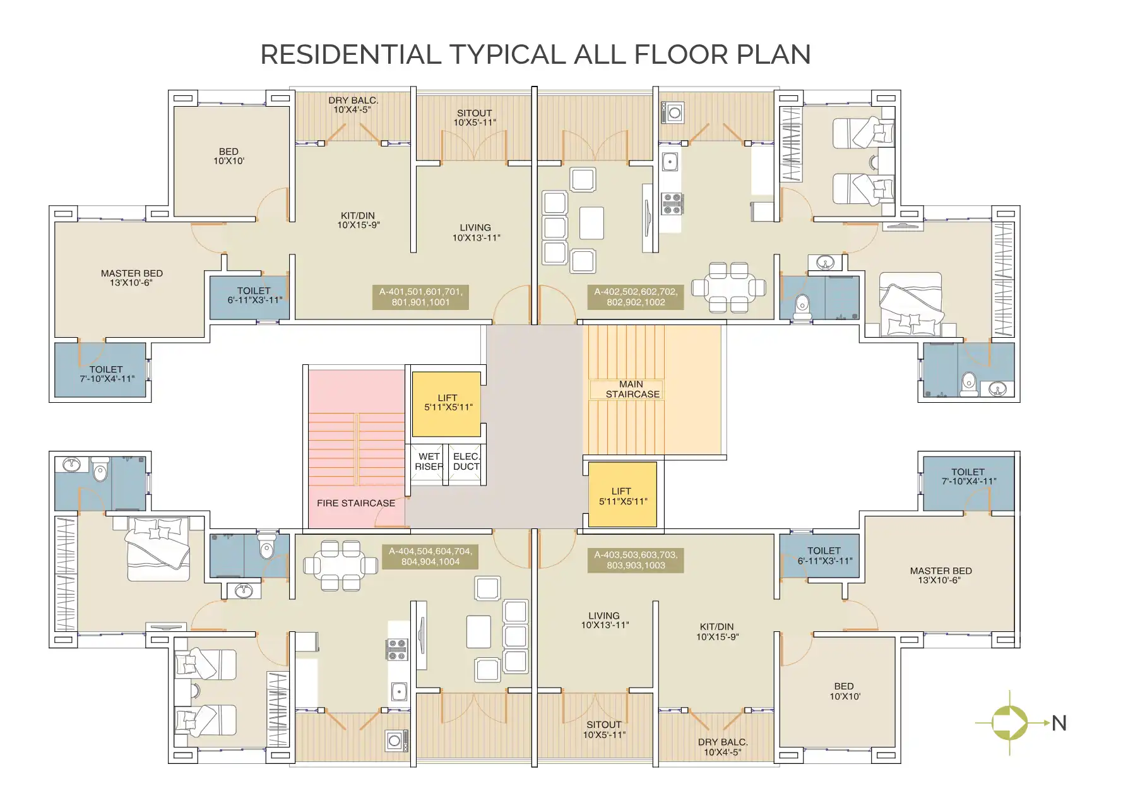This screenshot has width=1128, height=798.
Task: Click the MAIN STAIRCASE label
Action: pos(632,389)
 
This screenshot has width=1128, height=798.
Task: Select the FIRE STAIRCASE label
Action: pos(356,503)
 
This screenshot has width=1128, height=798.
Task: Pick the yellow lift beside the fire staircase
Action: pos(447,403)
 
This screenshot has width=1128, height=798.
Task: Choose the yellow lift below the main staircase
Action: pos(622,496)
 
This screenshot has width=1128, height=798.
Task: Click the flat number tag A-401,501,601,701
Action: pos(420,297)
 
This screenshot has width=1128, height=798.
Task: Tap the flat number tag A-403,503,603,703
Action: pos(636,560)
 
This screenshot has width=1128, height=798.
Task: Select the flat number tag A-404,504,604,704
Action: pos(430,556)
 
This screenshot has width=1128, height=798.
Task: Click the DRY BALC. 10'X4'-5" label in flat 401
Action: pos(353,105)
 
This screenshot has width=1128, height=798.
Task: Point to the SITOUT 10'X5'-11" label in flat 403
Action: pos(604,729)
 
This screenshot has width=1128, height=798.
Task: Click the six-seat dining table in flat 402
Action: pos(728,288)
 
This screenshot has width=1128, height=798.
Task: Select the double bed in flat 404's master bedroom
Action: pos(158,549)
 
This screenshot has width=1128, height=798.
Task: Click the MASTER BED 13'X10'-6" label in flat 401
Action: pos(132,278)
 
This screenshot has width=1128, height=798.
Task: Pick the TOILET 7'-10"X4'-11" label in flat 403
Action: pos(968,477)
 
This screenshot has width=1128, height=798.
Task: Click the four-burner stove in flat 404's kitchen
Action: pos(397,650)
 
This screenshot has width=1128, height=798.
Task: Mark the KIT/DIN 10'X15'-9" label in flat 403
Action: pos(717,632)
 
